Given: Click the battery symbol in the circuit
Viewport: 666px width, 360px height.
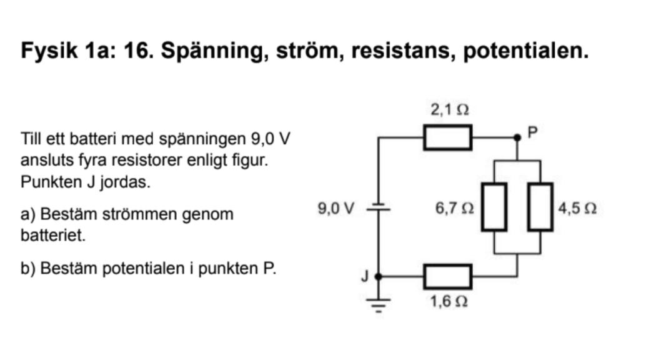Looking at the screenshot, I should tap(377, 209).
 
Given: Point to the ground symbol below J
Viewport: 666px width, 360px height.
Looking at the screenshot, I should tap(377, 305).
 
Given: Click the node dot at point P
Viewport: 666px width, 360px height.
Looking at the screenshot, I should tap(517, 137).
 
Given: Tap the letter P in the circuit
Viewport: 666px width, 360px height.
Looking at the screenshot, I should tap(532, 132).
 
